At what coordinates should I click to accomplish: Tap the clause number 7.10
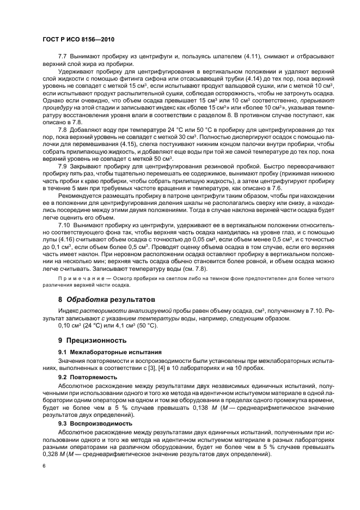click(64, 239)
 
